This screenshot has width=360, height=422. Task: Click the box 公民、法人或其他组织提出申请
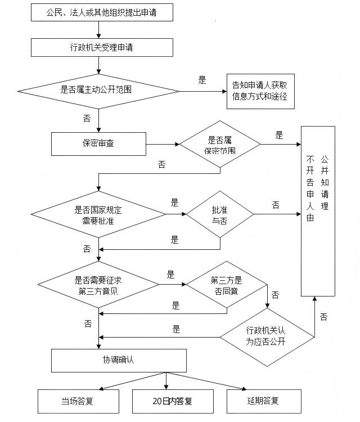(102, 12)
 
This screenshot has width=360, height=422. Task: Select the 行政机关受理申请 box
(102, 47)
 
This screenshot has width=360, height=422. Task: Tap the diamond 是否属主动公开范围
(98, 90)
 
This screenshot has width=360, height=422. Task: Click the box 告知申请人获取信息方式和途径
(260, 91)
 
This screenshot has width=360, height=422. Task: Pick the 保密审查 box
(98, 143)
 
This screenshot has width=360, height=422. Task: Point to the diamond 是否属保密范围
(219, 145)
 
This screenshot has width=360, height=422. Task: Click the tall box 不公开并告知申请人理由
(318, 211)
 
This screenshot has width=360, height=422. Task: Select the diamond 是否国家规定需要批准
(98, 214)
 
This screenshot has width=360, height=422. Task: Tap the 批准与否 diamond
(219, 214)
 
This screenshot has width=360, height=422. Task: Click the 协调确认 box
(119, 360)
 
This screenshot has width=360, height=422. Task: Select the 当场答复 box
(78, 401)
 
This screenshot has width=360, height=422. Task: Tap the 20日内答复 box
(166, 401)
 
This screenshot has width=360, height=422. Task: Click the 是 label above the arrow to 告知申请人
(202, 80)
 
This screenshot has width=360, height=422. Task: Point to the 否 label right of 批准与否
(276, 205)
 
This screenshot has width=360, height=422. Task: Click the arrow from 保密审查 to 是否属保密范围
(163, 144)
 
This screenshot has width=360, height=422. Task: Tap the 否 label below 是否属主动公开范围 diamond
(87, 118)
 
